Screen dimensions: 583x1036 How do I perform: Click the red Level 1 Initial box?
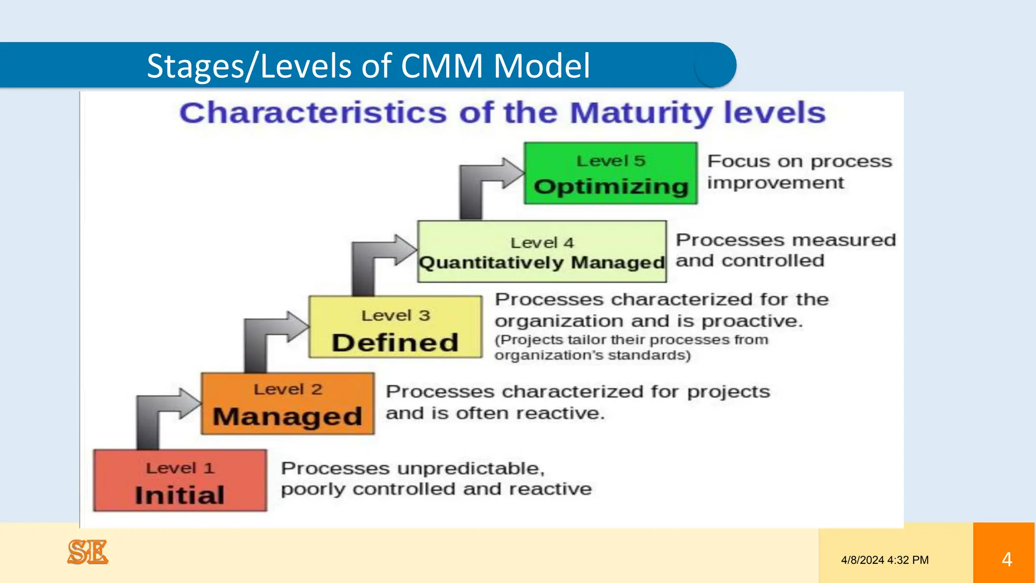tap(180, 480)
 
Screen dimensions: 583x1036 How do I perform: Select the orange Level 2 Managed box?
tap(287, 404)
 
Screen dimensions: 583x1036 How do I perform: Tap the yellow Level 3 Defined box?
tap(395, 327)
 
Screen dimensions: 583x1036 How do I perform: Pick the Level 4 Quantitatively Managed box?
tap(542, 252)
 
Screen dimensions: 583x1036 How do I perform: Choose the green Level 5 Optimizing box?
tap(611, 173)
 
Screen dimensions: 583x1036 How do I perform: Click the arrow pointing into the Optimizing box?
tap(486, 182)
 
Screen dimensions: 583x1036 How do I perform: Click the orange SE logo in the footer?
tap(88, 552)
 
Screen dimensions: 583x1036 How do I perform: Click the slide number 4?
tap(1007, 559)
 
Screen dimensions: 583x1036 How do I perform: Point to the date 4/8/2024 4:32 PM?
tap(885, 560)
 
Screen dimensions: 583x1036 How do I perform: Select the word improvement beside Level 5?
tap(775, 183)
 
